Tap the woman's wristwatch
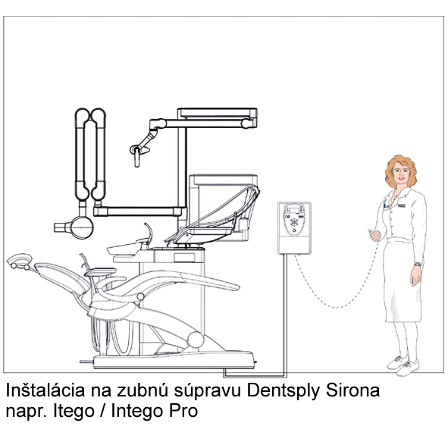(418, 265)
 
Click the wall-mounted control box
(295, 228)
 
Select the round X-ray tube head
(82, 227)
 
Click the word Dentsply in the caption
(284, 391)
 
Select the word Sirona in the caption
(352, 390)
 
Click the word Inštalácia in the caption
(45, 390)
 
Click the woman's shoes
(403, 365)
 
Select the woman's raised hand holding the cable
(374, 235)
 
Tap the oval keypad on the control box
(294, 219)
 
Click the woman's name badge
(402, 205)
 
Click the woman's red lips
(402, 178)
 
